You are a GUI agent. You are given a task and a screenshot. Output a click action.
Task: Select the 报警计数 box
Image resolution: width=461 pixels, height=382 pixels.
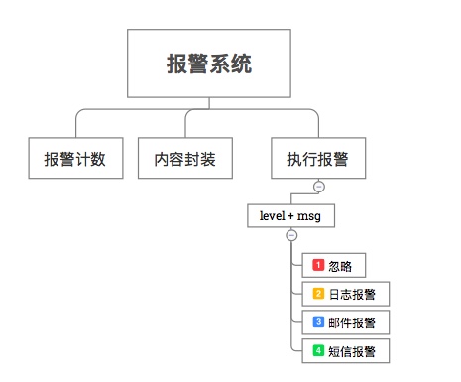click(x=75, y=158)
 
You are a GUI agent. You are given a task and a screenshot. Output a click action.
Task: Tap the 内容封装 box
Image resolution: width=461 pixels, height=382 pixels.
click(x=185, y=158)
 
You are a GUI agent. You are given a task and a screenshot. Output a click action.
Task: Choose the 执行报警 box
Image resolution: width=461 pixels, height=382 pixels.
click(x=318, y=158)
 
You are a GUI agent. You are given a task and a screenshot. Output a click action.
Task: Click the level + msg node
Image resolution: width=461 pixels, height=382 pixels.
click(x=290, y=215)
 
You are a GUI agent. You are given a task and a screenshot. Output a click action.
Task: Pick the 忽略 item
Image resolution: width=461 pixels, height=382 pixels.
click(x=334, y=266)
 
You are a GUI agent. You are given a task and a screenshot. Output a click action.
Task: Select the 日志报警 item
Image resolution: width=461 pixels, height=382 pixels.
click(x=346, y=294)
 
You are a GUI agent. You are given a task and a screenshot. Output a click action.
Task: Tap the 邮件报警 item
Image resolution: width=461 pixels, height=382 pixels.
click(x=346, y=322)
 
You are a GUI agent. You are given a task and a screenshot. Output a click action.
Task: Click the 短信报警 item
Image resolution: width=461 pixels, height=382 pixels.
click(x=346, y=350)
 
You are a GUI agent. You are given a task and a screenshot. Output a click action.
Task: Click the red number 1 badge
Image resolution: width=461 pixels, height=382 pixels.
click(x=318, y=265)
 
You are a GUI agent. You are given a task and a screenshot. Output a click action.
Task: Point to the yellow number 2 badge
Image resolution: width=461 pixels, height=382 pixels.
click(x=318, y=294)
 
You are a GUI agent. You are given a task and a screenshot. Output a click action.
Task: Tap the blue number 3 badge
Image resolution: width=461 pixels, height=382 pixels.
click(x=318, y=321)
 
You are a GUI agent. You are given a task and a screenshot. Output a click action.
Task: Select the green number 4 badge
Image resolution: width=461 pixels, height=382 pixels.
click(x=318, y=350)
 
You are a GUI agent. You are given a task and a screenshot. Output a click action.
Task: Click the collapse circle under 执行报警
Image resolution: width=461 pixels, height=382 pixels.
click(x=318, y=187)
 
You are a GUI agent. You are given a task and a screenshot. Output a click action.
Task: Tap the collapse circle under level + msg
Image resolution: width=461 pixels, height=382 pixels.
click(x=290, y=235)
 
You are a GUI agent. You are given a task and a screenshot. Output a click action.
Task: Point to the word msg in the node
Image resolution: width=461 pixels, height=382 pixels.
click(x=309, y=215)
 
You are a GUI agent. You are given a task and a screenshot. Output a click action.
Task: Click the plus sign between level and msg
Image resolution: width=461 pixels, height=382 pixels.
click(x=291, y=215)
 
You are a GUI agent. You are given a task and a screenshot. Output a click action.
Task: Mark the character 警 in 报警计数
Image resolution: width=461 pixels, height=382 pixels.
click(x=68, y=158)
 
